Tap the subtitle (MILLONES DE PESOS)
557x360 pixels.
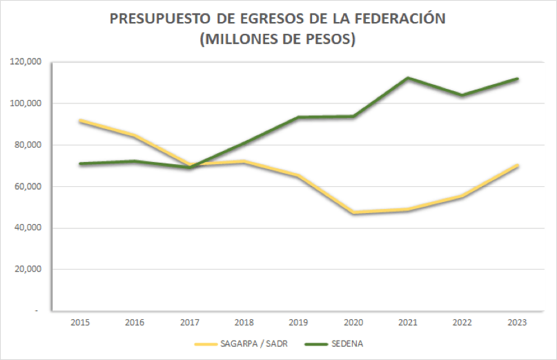click(x=277, y=39)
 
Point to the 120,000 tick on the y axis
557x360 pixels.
click(x=26, y=62)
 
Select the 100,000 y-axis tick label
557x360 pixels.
click(x=26, y=103)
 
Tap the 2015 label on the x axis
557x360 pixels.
click(x=81, y=322)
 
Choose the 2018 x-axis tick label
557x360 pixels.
click(x=244, y=322)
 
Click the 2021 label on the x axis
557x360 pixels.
click(x=408, y=322)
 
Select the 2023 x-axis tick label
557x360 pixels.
click(x=517, y=322)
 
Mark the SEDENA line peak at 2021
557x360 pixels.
click(x=408, y=78)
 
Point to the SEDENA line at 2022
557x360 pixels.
click(x=462, y=95)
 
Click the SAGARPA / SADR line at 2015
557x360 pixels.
click(x=81, y=121)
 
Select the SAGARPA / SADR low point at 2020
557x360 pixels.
click(x=353, y=212)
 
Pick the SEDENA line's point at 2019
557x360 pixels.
click(x=299, y=117)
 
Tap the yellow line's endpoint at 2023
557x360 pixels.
click(x=517, y=166)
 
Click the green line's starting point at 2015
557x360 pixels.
click(x=81, y=163)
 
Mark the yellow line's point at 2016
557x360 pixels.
click(x=135, y=136)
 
